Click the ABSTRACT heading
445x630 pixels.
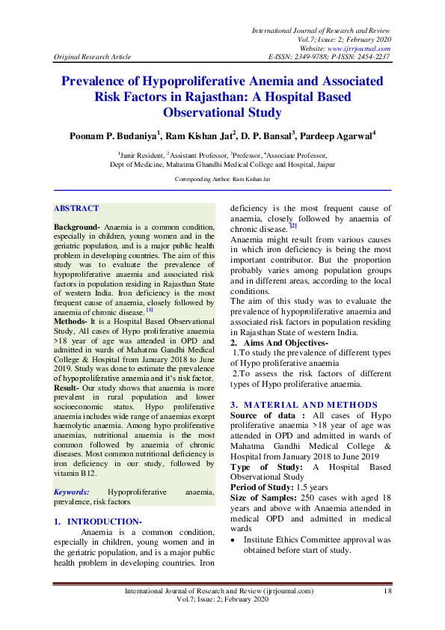click(76, 208)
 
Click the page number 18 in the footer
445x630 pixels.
click(387, 591)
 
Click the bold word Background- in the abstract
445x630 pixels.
click(77, 226)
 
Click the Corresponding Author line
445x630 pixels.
click(222, 180)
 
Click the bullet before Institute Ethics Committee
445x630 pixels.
click(233, 538)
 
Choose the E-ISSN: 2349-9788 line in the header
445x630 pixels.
click(303, 56)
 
